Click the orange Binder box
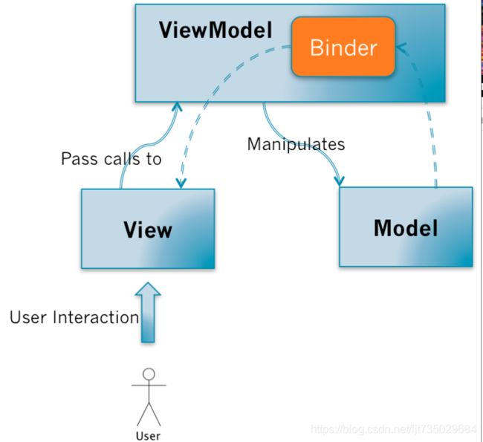(343, 47)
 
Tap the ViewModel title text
(215, 30)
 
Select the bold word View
(148, 230)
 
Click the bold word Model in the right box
(406, 228)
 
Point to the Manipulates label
(296, 144)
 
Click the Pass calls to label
(111, 159)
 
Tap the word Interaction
(96, 317)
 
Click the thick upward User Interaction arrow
(148, 312)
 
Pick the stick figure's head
(149, 374)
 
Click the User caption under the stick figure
(148, 436)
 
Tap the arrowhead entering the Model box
(339, 181)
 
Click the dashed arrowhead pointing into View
(181, 183)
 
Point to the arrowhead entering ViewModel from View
(177, 106)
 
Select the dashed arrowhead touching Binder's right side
(401, 48)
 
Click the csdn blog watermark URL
(394, 429)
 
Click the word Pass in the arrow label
(81, 159)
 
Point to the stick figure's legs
(149, 415)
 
